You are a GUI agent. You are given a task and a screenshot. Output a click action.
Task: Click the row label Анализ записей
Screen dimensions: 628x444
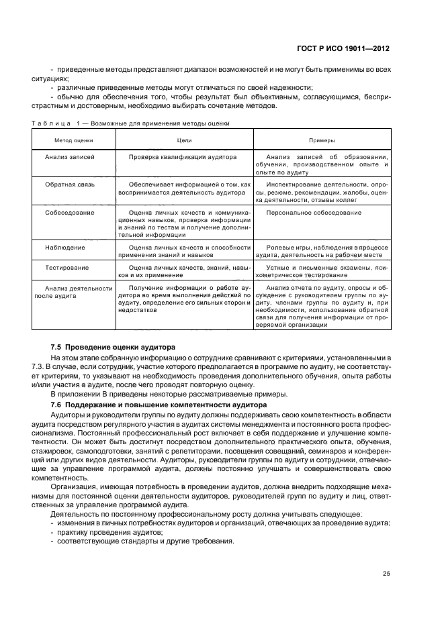[70, 156]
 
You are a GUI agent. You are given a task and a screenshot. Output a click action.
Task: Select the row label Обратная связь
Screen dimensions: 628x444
[70, 184]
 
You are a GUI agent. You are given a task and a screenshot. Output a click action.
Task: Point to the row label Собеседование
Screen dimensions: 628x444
[70, 212]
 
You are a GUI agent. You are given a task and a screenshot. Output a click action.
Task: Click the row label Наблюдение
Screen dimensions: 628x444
[65, 248]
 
